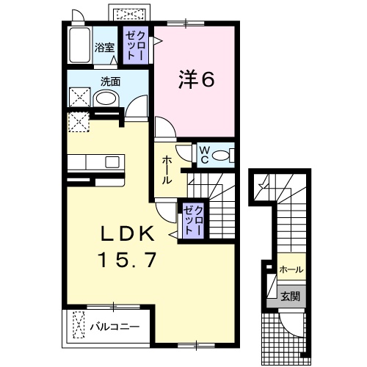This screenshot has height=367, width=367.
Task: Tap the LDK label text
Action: (126, 233)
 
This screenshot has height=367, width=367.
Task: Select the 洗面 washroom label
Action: (111, 81)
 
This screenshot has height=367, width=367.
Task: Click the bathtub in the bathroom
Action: (78, 47)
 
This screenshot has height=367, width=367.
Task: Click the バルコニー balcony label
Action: (115, 324)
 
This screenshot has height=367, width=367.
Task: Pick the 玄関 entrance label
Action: (290, 296)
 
